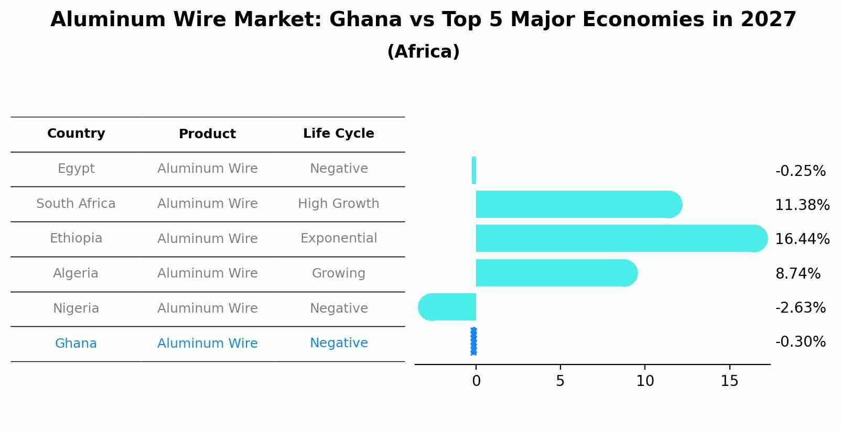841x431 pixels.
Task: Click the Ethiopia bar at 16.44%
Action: coord(619,238)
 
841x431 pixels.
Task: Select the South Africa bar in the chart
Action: coord(577,204)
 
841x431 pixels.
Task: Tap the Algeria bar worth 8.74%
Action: coord(556,273)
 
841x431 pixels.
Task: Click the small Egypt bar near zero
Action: coord(474,170)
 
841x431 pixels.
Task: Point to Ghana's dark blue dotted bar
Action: coord(474,341)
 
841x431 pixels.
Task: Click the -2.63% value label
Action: coord(800,308)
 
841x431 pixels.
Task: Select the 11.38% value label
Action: coord(802,205)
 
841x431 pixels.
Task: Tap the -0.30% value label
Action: coord(800,342)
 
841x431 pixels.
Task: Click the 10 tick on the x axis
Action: coord(645,381)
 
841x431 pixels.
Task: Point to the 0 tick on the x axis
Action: coord(476,381)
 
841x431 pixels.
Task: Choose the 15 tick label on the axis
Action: coord(729,381)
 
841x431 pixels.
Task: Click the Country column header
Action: coord(76,134)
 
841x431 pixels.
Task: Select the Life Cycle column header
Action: coord(339,134)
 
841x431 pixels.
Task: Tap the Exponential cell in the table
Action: coord(339,238)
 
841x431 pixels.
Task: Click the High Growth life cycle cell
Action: coord(339,204)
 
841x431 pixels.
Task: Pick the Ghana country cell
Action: coord(76,344)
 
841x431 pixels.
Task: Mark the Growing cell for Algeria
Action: coord(339,273)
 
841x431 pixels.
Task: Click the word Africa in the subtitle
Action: coord(423,52)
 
